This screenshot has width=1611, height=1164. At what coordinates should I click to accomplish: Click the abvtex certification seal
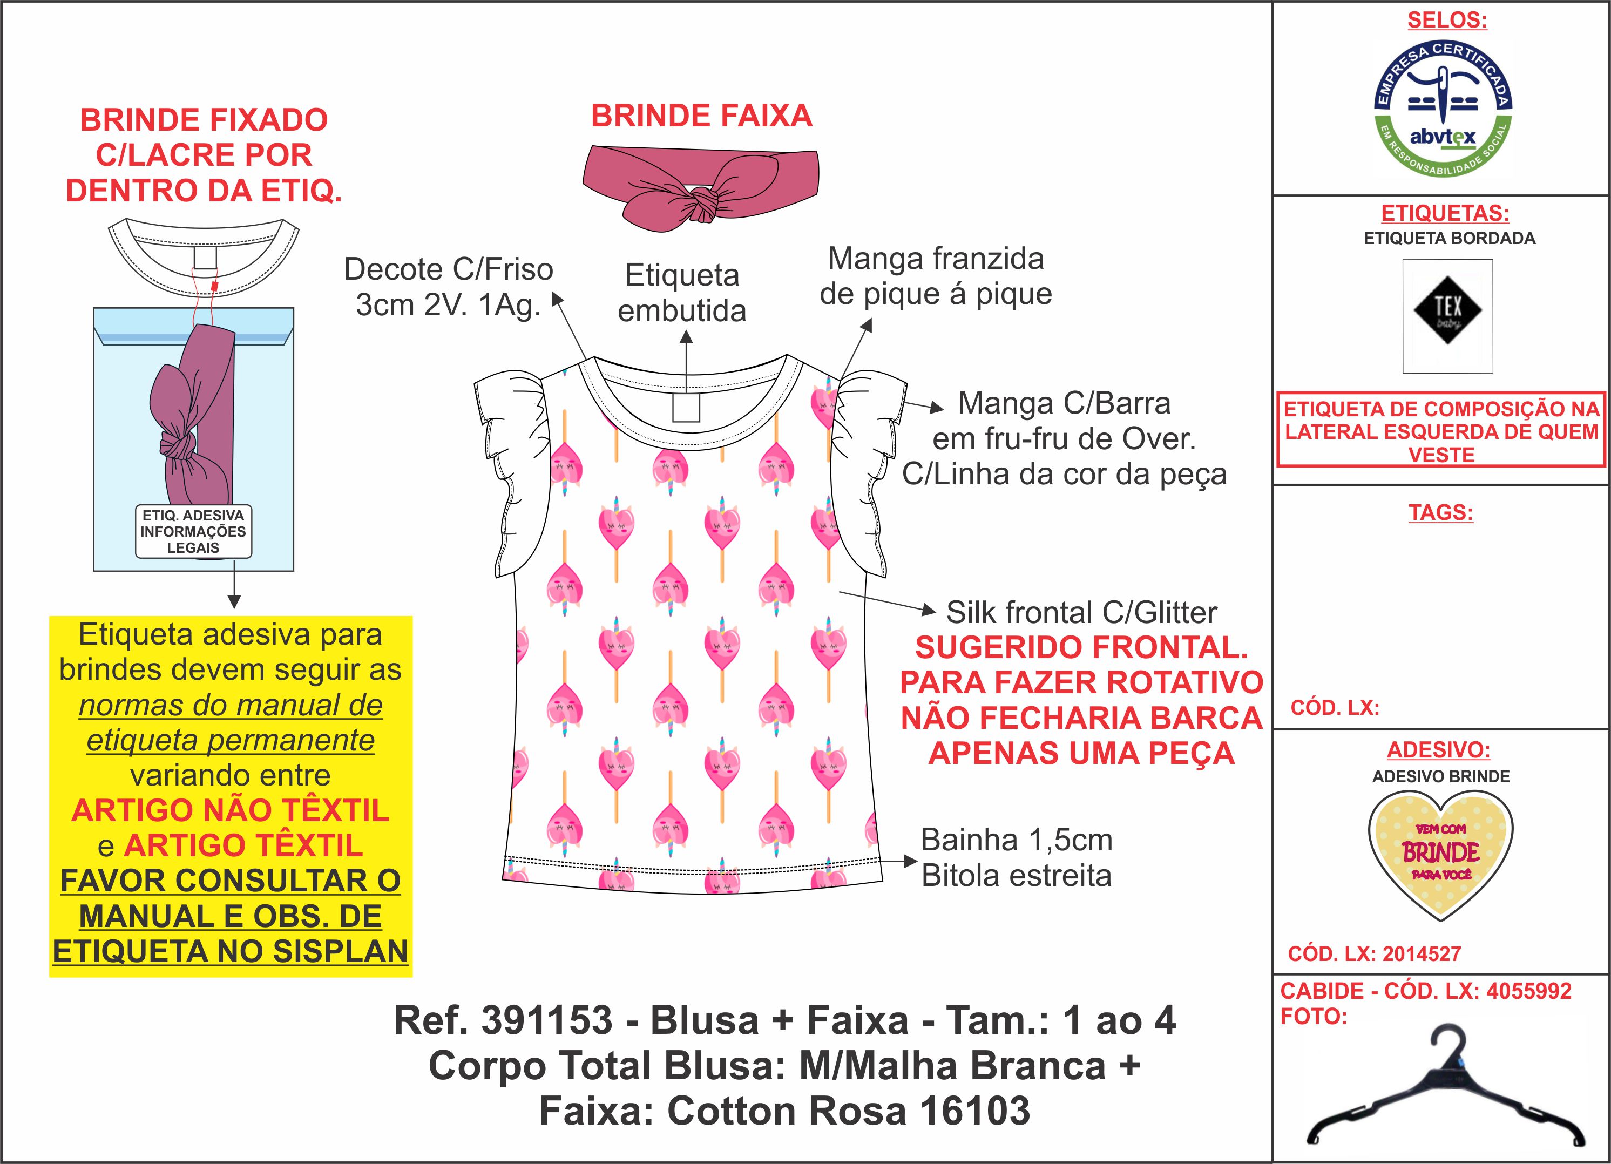(1443, 109)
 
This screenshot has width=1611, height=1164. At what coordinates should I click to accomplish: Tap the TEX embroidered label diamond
(1447, 310)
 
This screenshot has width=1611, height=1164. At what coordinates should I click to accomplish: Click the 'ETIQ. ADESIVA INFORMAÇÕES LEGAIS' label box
(193, 531)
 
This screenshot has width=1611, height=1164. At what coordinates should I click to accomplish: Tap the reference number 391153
(546, 1020)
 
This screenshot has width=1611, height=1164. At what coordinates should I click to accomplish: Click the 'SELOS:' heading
(1447, 20)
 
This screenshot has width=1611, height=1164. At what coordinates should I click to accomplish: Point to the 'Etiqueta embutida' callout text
(682, 293)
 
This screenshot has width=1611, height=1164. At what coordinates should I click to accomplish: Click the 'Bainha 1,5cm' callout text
(1017, 840)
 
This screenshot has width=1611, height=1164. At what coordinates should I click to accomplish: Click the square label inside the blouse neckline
(686, 408)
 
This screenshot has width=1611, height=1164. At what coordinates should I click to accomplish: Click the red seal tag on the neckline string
(214, 287)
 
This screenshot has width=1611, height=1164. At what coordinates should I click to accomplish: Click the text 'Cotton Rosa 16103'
(848, 1111)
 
